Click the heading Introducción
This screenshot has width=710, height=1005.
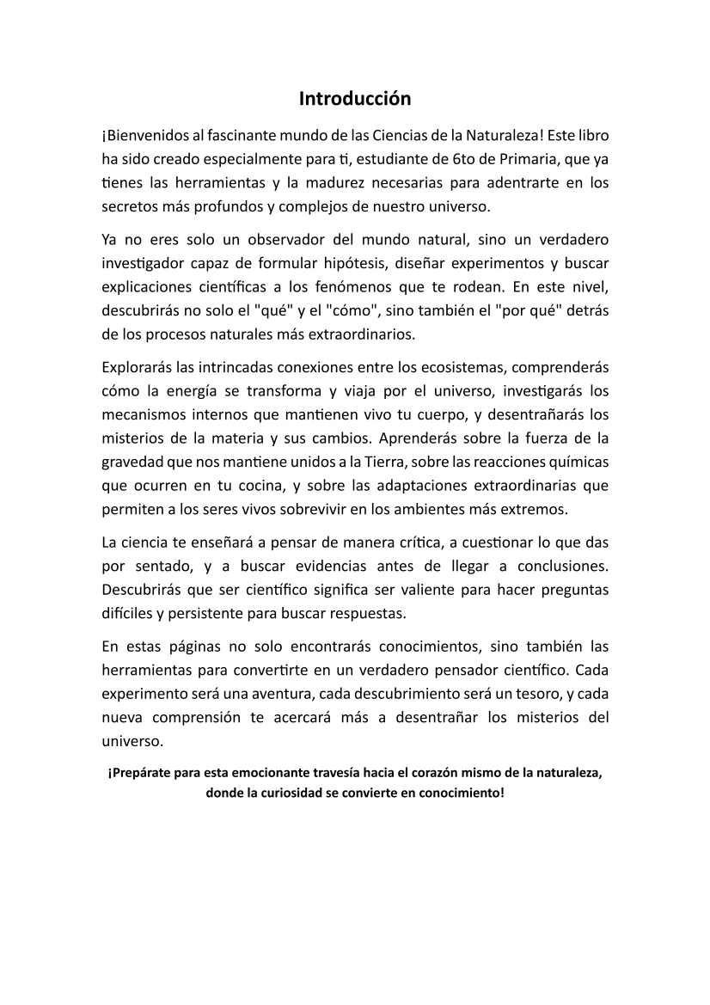(x=355, y=99)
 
